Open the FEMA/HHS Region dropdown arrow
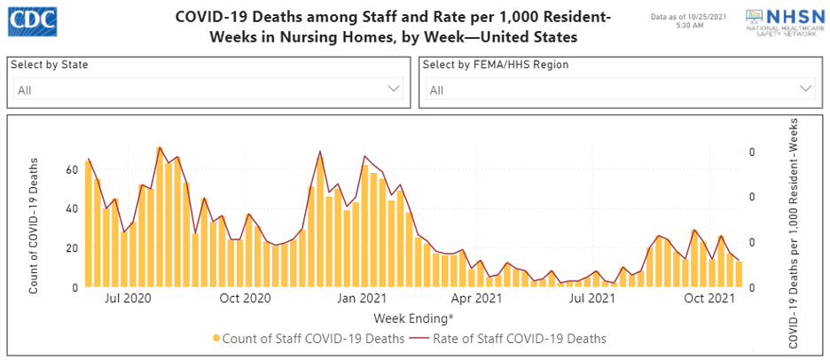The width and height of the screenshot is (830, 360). point(806,89)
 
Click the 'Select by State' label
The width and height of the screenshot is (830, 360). point(51,65)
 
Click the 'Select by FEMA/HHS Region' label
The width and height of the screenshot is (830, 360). point(495,65)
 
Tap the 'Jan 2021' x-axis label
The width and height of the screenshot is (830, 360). point(361,299)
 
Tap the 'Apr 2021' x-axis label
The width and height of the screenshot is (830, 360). point(475,299)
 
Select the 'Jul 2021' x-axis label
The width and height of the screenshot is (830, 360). point(591,299)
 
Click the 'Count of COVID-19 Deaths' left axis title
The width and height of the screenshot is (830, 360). point(34,226)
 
